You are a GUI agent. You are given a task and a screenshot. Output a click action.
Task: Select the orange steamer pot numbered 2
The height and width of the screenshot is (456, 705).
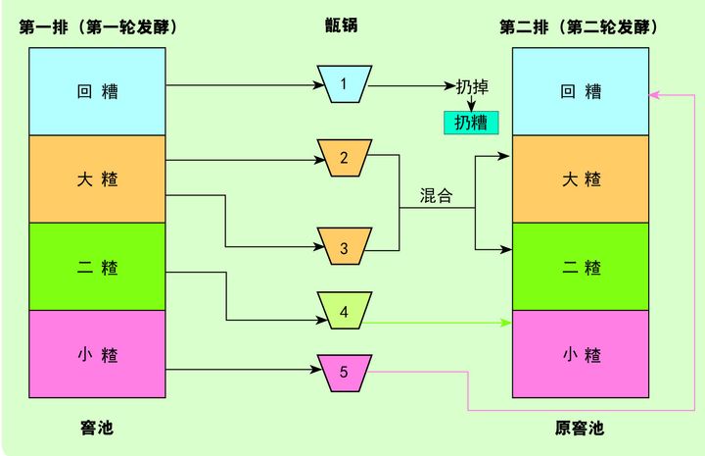click(x=343, y=157)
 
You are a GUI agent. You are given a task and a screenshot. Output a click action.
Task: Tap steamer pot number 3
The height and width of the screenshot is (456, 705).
click(x=343, y=247)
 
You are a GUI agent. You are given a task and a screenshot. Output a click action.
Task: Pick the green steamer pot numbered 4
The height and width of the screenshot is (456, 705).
click(x=343, y=313)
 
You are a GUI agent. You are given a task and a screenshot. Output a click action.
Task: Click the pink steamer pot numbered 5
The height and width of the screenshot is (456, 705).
click(x=343, y=372)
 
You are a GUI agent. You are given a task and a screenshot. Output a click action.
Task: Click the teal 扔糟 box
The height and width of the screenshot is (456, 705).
click(x=471, y=123)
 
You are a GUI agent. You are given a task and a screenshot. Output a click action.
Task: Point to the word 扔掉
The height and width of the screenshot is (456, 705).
click(x=472, y=86)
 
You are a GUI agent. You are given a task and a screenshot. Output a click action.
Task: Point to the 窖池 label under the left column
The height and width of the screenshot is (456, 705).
click(x=97, y=429)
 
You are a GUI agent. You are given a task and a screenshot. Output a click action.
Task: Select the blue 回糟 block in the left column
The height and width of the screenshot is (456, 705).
click(x=98, y=91)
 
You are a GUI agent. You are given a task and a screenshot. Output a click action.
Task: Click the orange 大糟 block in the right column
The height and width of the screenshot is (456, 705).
click(x=582, y=178)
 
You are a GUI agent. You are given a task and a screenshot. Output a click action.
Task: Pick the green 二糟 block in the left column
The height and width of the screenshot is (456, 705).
click(x=98, y=266)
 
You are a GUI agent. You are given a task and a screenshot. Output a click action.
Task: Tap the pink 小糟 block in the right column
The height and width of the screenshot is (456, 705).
click(x=582, y=353)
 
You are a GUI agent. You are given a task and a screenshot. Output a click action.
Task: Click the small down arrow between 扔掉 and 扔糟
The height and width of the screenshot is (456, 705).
click(x=470, y=104)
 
